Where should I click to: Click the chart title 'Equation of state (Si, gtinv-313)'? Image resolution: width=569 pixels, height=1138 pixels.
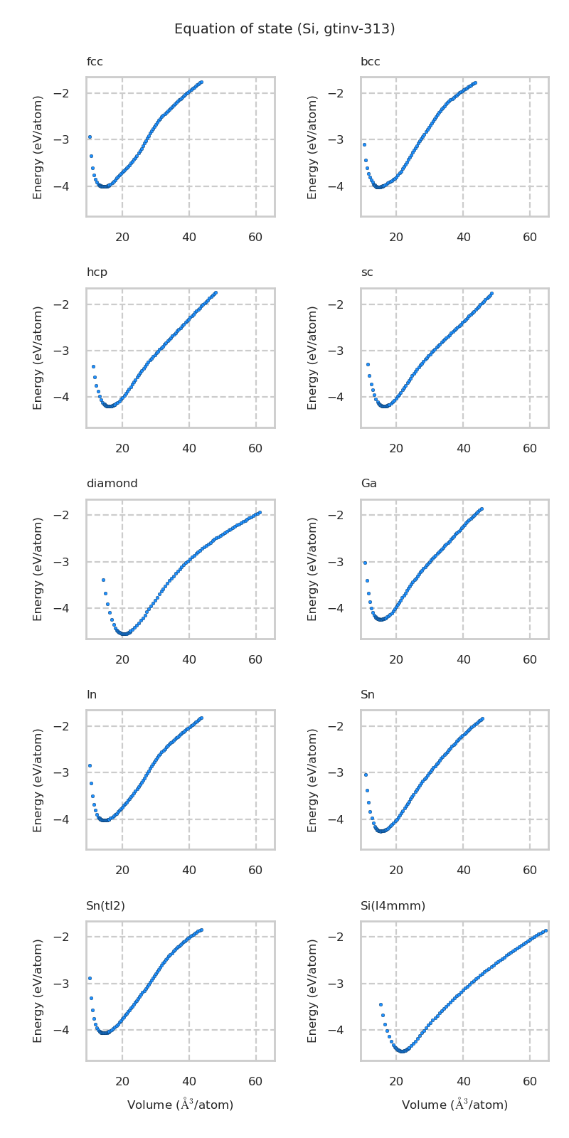point(284,29)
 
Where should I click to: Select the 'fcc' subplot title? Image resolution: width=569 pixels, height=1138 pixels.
point(95,62)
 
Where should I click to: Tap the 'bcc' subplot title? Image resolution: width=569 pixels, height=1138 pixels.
point(370,62)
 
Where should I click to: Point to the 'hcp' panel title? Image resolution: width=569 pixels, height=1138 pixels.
point(97,272)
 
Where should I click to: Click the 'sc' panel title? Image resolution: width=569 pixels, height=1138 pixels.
point(366,272)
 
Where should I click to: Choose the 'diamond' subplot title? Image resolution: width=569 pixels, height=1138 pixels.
point(112,484)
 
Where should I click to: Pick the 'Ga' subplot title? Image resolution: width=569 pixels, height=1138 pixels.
point(368,484)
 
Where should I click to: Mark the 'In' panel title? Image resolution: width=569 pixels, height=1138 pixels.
point(91,695)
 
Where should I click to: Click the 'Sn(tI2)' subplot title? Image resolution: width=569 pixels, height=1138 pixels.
point(105,905)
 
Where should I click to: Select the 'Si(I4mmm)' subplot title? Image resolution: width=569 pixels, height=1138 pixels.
point(393,905)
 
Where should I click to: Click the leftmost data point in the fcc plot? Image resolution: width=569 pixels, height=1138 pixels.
point(90,137)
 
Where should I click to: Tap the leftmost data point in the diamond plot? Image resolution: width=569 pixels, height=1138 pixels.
point(103,580)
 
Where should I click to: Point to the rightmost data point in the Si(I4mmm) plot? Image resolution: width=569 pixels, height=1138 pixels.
point(546,930)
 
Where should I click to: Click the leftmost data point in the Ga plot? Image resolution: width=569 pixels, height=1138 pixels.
point(365,563)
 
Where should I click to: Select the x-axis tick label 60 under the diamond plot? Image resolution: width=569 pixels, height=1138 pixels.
point(255,660)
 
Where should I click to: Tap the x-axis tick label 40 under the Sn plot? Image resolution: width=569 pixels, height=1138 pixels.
point(463,871)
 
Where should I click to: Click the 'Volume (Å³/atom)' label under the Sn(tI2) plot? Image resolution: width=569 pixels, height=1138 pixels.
point(180,1105)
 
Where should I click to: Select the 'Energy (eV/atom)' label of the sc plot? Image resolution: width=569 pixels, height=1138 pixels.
point(313,358)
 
